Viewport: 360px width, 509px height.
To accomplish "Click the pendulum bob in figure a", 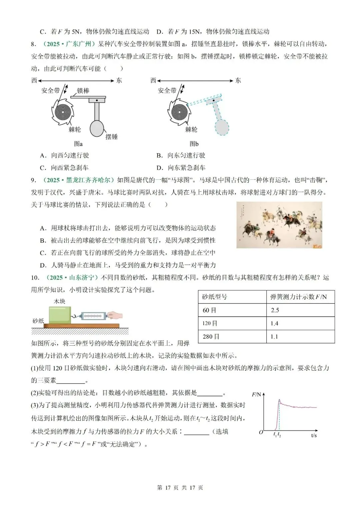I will pos(97,128).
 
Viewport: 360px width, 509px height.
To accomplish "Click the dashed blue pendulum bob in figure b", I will pos(222,127).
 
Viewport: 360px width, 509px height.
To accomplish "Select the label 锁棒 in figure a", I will pos(83,91).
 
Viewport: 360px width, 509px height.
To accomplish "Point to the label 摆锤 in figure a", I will pos(111,137).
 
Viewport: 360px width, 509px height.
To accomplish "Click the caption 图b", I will pos(194,144).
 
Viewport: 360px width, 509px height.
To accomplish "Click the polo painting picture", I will pos(279,225).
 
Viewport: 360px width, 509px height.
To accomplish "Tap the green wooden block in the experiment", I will pos(60,314).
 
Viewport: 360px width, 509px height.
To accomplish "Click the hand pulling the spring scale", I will pos(115,315).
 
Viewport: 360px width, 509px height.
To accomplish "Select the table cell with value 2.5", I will pos(275,310).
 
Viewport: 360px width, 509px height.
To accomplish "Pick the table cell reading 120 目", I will pos(210,323).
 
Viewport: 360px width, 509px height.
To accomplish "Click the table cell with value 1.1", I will pos(274,337).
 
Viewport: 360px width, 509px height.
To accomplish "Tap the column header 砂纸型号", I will pos(214,297).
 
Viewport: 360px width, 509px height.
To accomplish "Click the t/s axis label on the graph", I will pos(314,435).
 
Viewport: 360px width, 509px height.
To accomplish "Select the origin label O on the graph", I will pos(261,432).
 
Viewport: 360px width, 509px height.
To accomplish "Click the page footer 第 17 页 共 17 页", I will pos(180,488).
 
